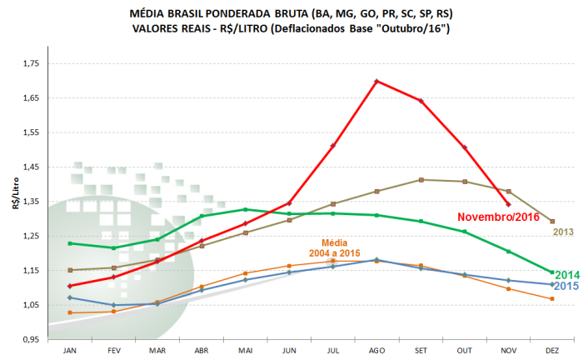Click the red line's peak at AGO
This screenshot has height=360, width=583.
[x=376, y=81]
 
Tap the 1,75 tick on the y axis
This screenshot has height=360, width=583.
[x=29, y=63]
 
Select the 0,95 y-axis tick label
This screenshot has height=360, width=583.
[x=29, y=340]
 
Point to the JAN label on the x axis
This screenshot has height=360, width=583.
[x=70, y=350]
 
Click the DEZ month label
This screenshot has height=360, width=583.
[x=552, y=350]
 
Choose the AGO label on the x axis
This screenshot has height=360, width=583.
[x=376, y=350]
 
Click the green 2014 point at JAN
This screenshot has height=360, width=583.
[x=70, y=243]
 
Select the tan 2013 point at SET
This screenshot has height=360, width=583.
[x=421, y=179]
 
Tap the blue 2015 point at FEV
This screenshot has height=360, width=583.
[x=113, y=304]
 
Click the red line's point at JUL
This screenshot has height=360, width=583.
[x=333, y=145]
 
